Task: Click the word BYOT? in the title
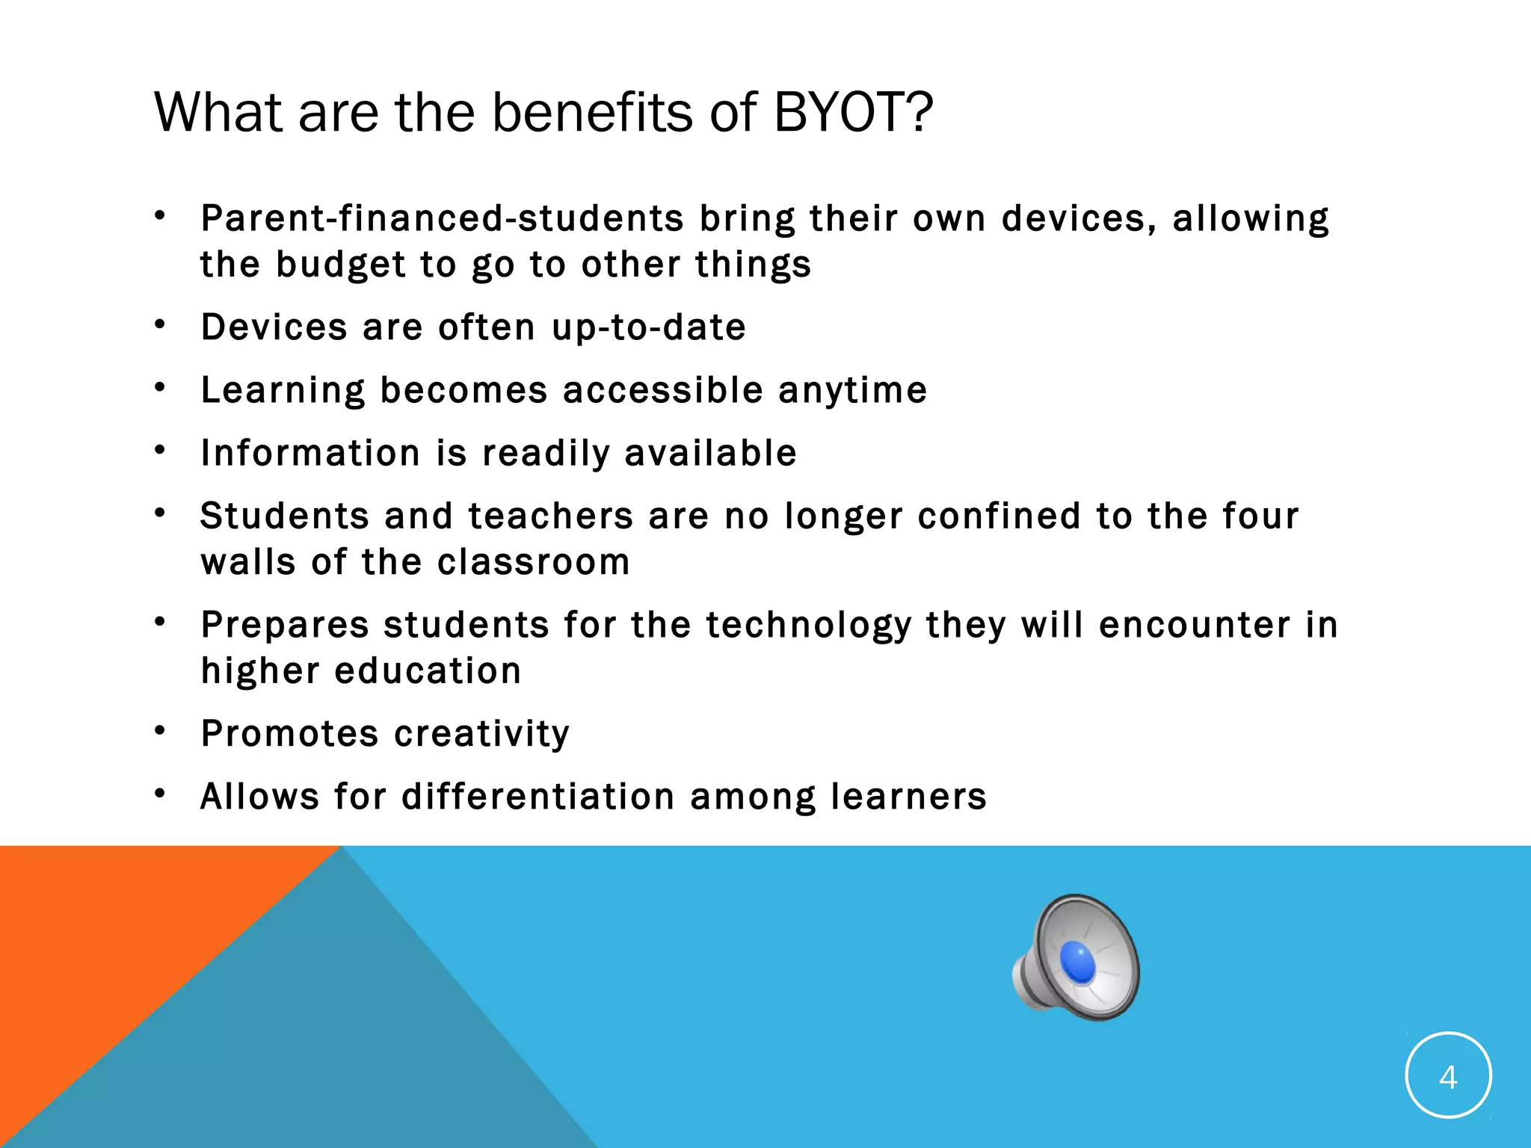[852, 113]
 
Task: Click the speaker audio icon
[1076, 957]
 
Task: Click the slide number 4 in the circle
[1448, 1077]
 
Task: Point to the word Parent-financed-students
[442, 219]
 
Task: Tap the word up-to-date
[649, 328]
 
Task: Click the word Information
[311, 453]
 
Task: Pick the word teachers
[551, 516]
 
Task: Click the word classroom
[534, 562]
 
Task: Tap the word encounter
[1195, 626]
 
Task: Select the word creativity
[482, 734]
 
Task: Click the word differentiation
[538, 796]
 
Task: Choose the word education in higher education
[428, 671]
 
